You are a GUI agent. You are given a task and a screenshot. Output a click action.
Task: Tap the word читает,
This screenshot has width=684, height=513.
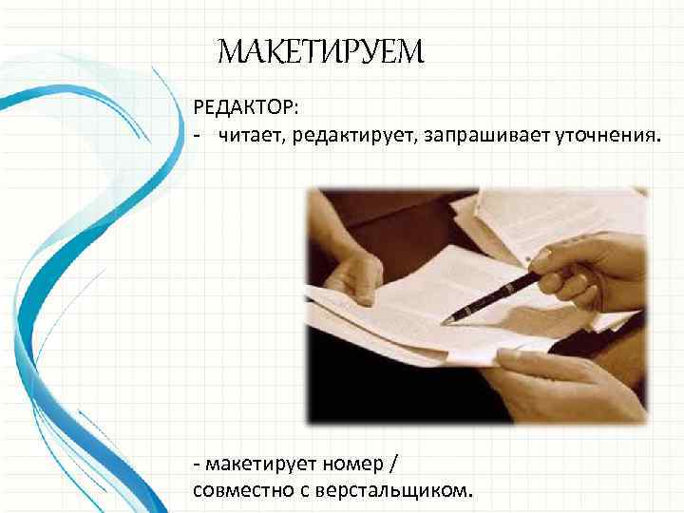tap(253, 138)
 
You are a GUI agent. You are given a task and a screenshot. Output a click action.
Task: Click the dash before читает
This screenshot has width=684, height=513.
tap(197, 139)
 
